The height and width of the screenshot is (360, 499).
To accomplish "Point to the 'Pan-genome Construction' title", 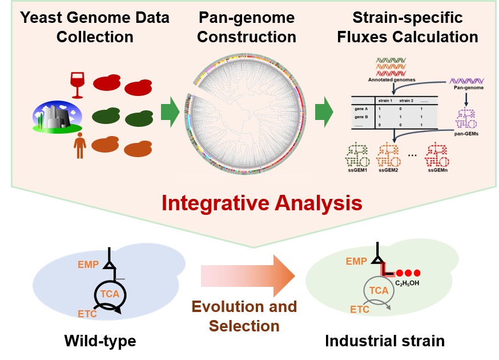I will click(x=247, y=27).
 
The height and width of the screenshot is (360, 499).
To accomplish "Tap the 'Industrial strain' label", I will click(x=384, y=342).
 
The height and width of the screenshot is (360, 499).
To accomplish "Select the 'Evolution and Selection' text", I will click(x=244, y=316).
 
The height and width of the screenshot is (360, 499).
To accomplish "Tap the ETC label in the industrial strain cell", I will click(x=360, y=309).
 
